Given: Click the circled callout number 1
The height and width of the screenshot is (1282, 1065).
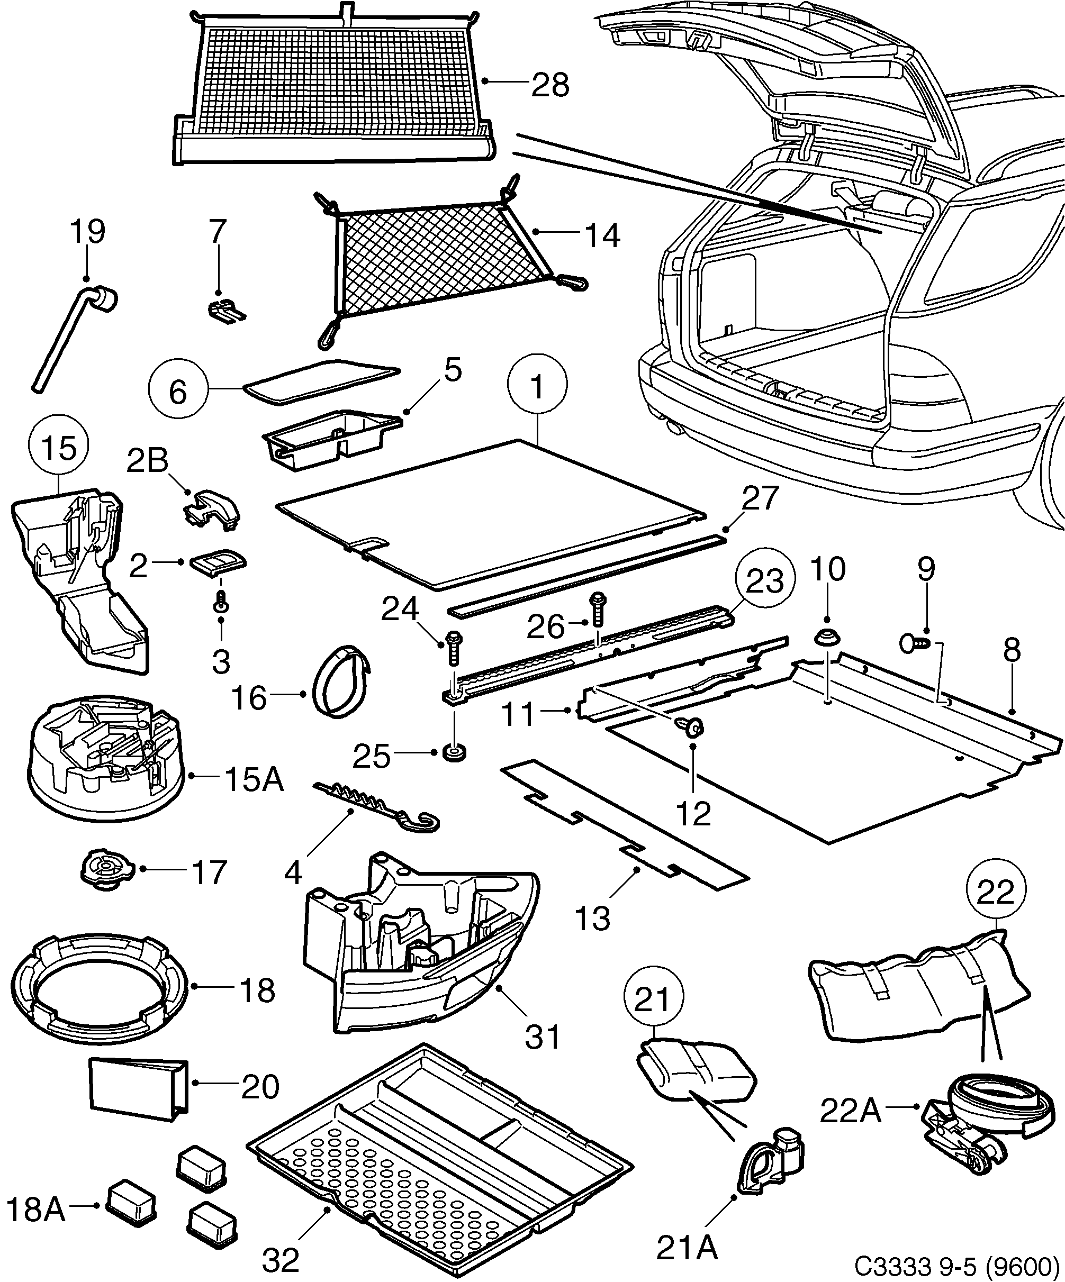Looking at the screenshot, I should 537,385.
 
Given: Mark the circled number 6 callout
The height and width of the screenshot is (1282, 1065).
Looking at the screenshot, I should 178,392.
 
